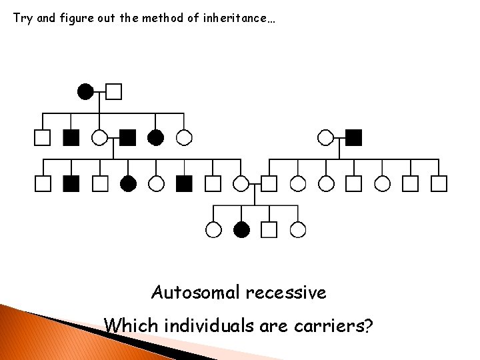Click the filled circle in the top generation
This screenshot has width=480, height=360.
pos(85,91)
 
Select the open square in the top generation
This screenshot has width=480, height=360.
pos(114,91)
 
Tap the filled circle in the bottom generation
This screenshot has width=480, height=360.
pos(241,230)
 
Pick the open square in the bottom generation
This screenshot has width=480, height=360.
pos(269,230)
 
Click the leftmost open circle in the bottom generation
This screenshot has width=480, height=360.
pos(213,230)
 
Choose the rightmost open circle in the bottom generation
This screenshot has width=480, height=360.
pos(298,230)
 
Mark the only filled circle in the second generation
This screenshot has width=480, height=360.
pos(156,137)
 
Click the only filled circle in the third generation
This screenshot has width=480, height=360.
pos(128,183)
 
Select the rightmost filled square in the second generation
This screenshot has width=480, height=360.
pos(354,137)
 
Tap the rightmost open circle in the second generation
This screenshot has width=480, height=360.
pos(326,137)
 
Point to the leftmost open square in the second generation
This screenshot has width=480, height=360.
pos(43,137)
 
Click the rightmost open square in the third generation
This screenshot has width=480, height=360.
pos(439,183)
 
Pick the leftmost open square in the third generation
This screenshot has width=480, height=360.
pos(43,183)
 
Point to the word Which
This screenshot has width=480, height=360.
pos(129,327)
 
